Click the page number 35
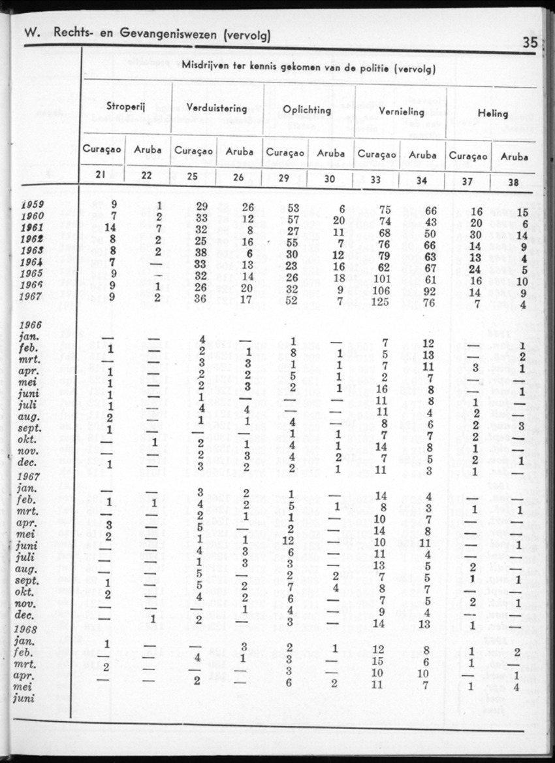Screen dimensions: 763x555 (529, 43)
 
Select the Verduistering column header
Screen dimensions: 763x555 (217, 108)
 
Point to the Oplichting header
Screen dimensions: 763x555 (307, 110)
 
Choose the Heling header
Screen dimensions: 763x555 (492, 113)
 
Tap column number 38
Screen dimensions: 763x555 (514, 182)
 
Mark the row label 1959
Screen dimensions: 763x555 (32, 203)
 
